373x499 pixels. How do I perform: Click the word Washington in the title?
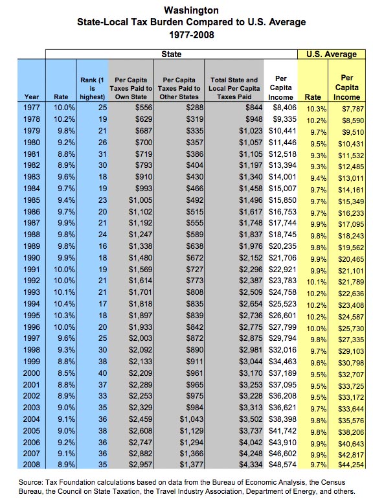point(191,10)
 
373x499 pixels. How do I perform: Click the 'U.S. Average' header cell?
point(332,54)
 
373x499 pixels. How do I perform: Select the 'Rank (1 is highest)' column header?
point(92,88)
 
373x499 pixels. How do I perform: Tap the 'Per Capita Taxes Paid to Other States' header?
point(179,88)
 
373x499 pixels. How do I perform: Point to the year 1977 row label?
point(32,108)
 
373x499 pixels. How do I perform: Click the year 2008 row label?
point(32,464)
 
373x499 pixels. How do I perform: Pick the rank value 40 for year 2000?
point(102,373)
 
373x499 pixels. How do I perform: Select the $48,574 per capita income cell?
point(282,464)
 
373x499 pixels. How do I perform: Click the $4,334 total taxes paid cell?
point(251,464)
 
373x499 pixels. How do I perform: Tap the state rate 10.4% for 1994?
point(65,304)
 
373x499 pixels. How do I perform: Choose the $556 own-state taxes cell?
point(144,108)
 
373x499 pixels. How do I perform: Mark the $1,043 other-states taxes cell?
point(191,419)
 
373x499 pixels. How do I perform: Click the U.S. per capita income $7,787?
point(353,109)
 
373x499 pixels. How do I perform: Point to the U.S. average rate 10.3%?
point(317,109)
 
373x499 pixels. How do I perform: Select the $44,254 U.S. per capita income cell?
point(351,465)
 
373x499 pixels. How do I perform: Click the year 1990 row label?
point(32,258)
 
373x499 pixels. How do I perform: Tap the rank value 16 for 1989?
point(102,246)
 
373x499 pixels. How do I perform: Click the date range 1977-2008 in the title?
point(192,34)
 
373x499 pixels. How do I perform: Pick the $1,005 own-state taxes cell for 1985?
point(141,200)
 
